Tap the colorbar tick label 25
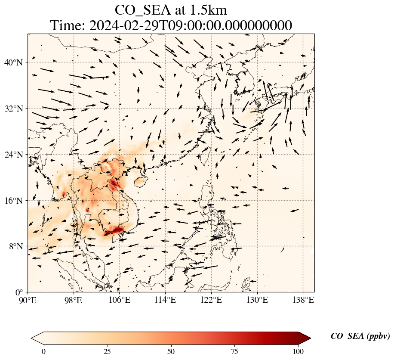click(107, 351)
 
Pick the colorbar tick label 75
click(235, 351)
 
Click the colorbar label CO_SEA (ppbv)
click(360, 336)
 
